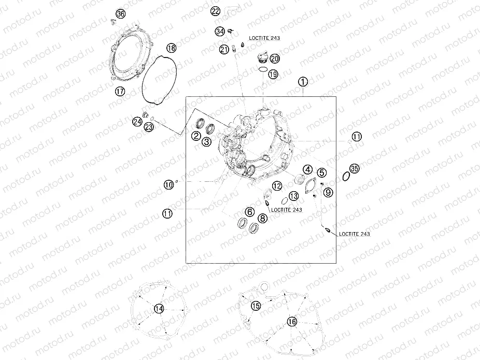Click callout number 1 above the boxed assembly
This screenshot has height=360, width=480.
(x=303, y=82)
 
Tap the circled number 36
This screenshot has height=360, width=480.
(x=120, y=14)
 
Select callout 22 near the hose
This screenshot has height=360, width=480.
(x=215, y=11)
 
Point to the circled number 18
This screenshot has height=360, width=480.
(x=172, y=48)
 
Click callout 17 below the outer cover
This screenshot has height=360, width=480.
(x=120, y=91)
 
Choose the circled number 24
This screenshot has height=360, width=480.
(x=137, y=122)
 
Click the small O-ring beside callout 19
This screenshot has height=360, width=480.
(x=263, y=70)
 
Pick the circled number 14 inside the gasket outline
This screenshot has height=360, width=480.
(x=159, y=309)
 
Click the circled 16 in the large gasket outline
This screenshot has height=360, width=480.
(x=292, y=322)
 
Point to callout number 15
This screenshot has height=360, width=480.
(x=256, y=305)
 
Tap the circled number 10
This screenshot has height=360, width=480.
(x=168, y=185)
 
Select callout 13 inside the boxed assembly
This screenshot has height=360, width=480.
(x=293, y=196)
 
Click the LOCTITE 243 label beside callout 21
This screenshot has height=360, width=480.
(x=264, y=38)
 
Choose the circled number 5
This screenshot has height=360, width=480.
(x=322, y=172)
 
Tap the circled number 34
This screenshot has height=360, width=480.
(x=220, y=31)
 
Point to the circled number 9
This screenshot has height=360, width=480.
(x=328, y=192)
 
